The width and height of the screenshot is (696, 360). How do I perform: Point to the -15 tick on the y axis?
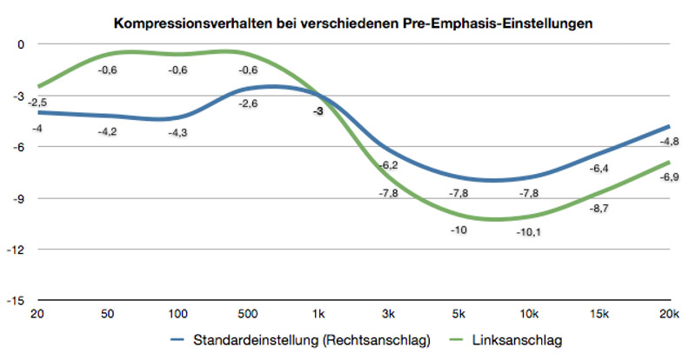[x=17, y=301]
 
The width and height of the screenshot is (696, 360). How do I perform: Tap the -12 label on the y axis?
[x=17, y=250]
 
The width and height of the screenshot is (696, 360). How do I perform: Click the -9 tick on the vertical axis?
[x=20, y=198]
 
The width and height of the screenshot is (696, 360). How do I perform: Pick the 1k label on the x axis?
[x=318, y=312]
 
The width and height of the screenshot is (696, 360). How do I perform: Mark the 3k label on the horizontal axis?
[x=389, y=312]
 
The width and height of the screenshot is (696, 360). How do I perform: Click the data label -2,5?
[x=37, y=103]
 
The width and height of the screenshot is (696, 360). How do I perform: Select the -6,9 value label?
[x=670, y=177]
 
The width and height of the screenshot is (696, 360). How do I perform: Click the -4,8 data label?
[x=670, y=142]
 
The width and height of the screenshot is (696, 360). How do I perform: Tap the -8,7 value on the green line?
[x=600, y=210]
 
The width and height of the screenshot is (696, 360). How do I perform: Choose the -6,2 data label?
[x=389, y=165]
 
